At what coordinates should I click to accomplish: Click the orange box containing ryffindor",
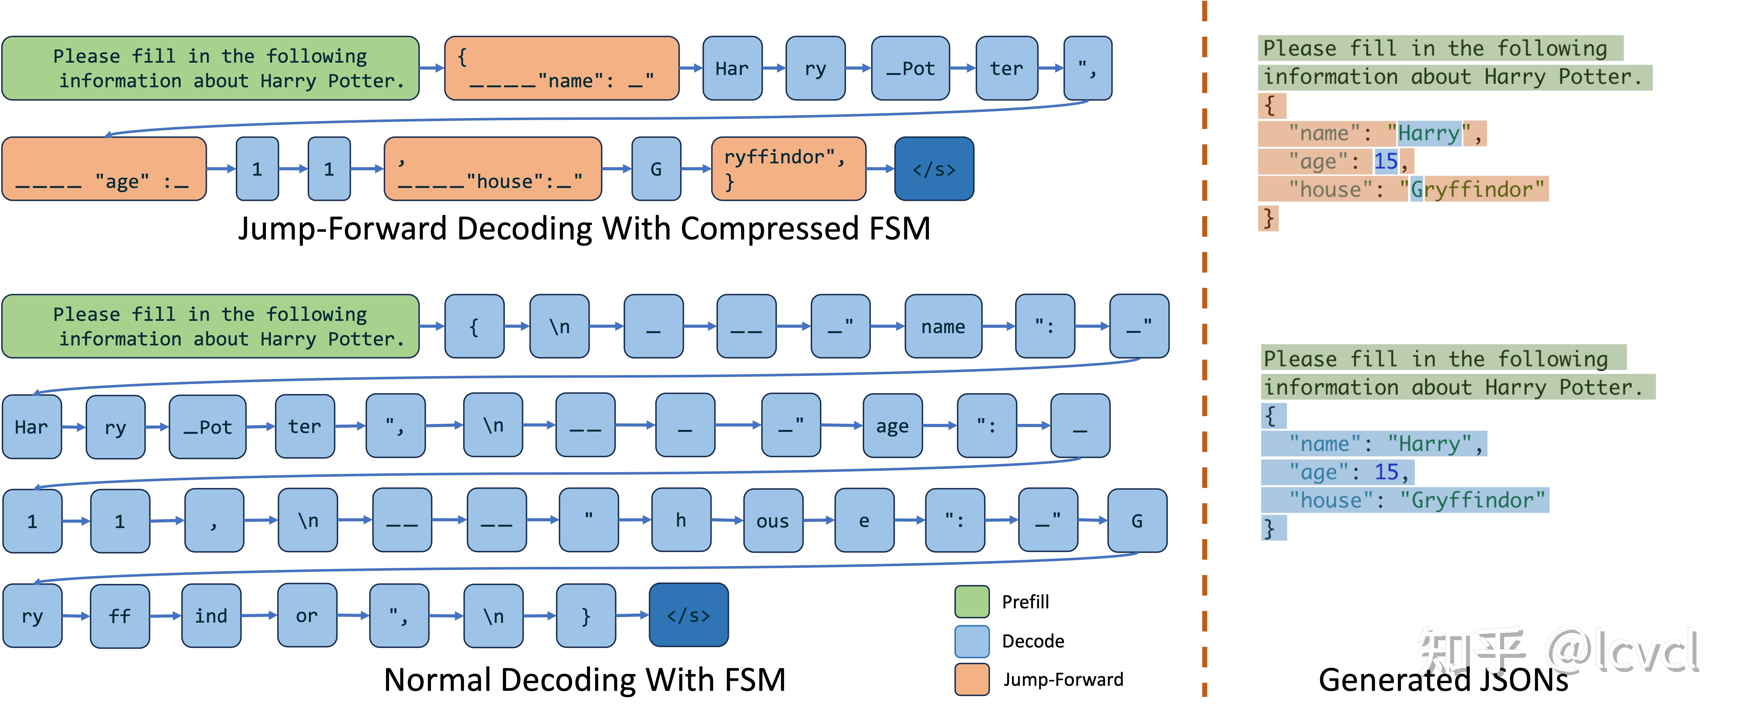click(x=788, y=169)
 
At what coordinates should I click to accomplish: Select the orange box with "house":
click(x=492, y=169)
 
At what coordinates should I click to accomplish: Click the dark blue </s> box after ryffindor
click(x=934, y=169)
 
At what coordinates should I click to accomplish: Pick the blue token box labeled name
click(x=942, y=326)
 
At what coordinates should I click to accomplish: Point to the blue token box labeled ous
click(x=773, y=521)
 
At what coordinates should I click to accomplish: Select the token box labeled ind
click(x=211, y=615)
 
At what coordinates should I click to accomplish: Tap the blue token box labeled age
click(x=892, y=426)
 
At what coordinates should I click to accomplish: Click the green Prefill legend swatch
click(x=971, y=602)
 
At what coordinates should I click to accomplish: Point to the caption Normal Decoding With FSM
click(x=584, y=680)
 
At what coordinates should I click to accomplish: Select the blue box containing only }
click(x=586, y=615)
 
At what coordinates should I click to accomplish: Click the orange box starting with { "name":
click(x=561, y=68)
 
